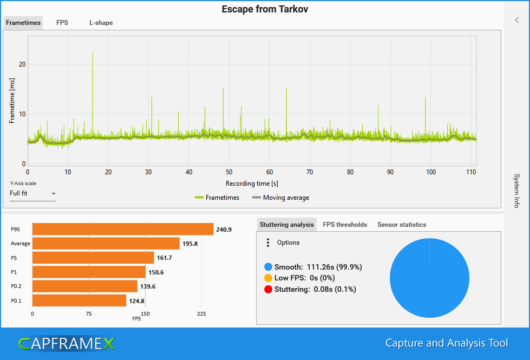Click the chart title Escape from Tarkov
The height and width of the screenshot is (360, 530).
click(265, 9)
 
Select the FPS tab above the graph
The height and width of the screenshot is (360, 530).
click(62, 23)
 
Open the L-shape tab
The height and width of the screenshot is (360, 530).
click(101, 23)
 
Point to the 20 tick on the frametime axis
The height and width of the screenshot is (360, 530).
click(22, 64)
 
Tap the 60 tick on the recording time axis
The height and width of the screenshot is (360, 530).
click(270, 172)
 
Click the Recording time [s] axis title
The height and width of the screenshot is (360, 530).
click(252, 184)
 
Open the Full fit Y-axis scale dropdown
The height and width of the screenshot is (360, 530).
click(32, 193)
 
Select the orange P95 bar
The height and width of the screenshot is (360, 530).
click(122, 230)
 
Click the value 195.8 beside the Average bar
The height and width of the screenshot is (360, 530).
click(191, 244)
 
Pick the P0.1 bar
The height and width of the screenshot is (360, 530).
click(79, 300)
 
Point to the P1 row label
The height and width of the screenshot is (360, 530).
click(15, 272)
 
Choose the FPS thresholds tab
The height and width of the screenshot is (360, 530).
click(345, 225)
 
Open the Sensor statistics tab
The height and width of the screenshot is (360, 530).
click(402, 225)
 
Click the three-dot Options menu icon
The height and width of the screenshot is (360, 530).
click(268, 243)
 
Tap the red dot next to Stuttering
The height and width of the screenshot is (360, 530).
click(268, 289)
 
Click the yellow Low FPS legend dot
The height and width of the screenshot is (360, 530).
click(268, 278)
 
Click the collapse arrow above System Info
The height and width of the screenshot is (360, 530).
click(517, 20)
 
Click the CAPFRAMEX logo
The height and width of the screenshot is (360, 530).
click(66, 343)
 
